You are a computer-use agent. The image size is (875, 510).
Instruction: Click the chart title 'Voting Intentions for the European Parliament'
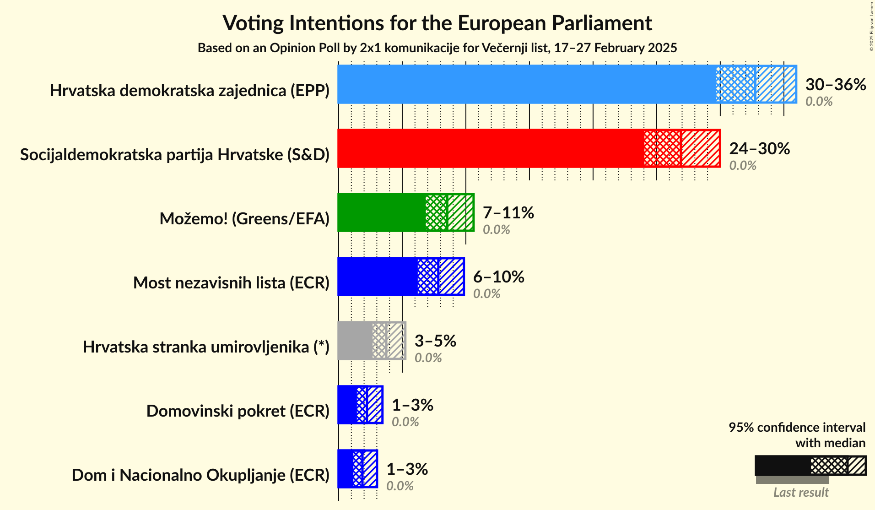pyautogui.click(x=437, y=23)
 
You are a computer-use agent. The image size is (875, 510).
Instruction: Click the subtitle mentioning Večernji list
pyautogui.click(x=437, y=48)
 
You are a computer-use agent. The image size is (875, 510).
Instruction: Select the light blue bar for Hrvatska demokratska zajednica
pyautogui.click(x=526, y=84)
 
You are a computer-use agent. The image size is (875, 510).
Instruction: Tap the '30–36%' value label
pyautogui.click(x=836, y=85)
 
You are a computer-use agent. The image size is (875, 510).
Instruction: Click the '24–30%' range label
pyautogui.click(x=759, y=149)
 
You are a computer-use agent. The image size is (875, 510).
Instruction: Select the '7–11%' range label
pyautogui.click(x=508, y=213)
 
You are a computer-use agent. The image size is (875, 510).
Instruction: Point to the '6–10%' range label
pyautogui.click(x=498, y=277)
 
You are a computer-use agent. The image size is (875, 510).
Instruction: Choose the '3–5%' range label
pyautogui.click(x=435, y=341)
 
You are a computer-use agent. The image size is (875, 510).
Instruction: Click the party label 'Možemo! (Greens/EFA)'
pyautogui.click(x=244, y=219)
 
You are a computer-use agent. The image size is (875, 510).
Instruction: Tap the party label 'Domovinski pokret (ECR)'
pyautogui.click(x=238, y=411)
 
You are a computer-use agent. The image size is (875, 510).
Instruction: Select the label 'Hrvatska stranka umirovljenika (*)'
pyautogui.click(x=206, y=347)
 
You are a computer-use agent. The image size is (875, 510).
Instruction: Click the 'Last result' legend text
pyautogui.click(x=801, y=493)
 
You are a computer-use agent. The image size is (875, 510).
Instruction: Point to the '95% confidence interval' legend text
pyautogui.click(x=797, y=428)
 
